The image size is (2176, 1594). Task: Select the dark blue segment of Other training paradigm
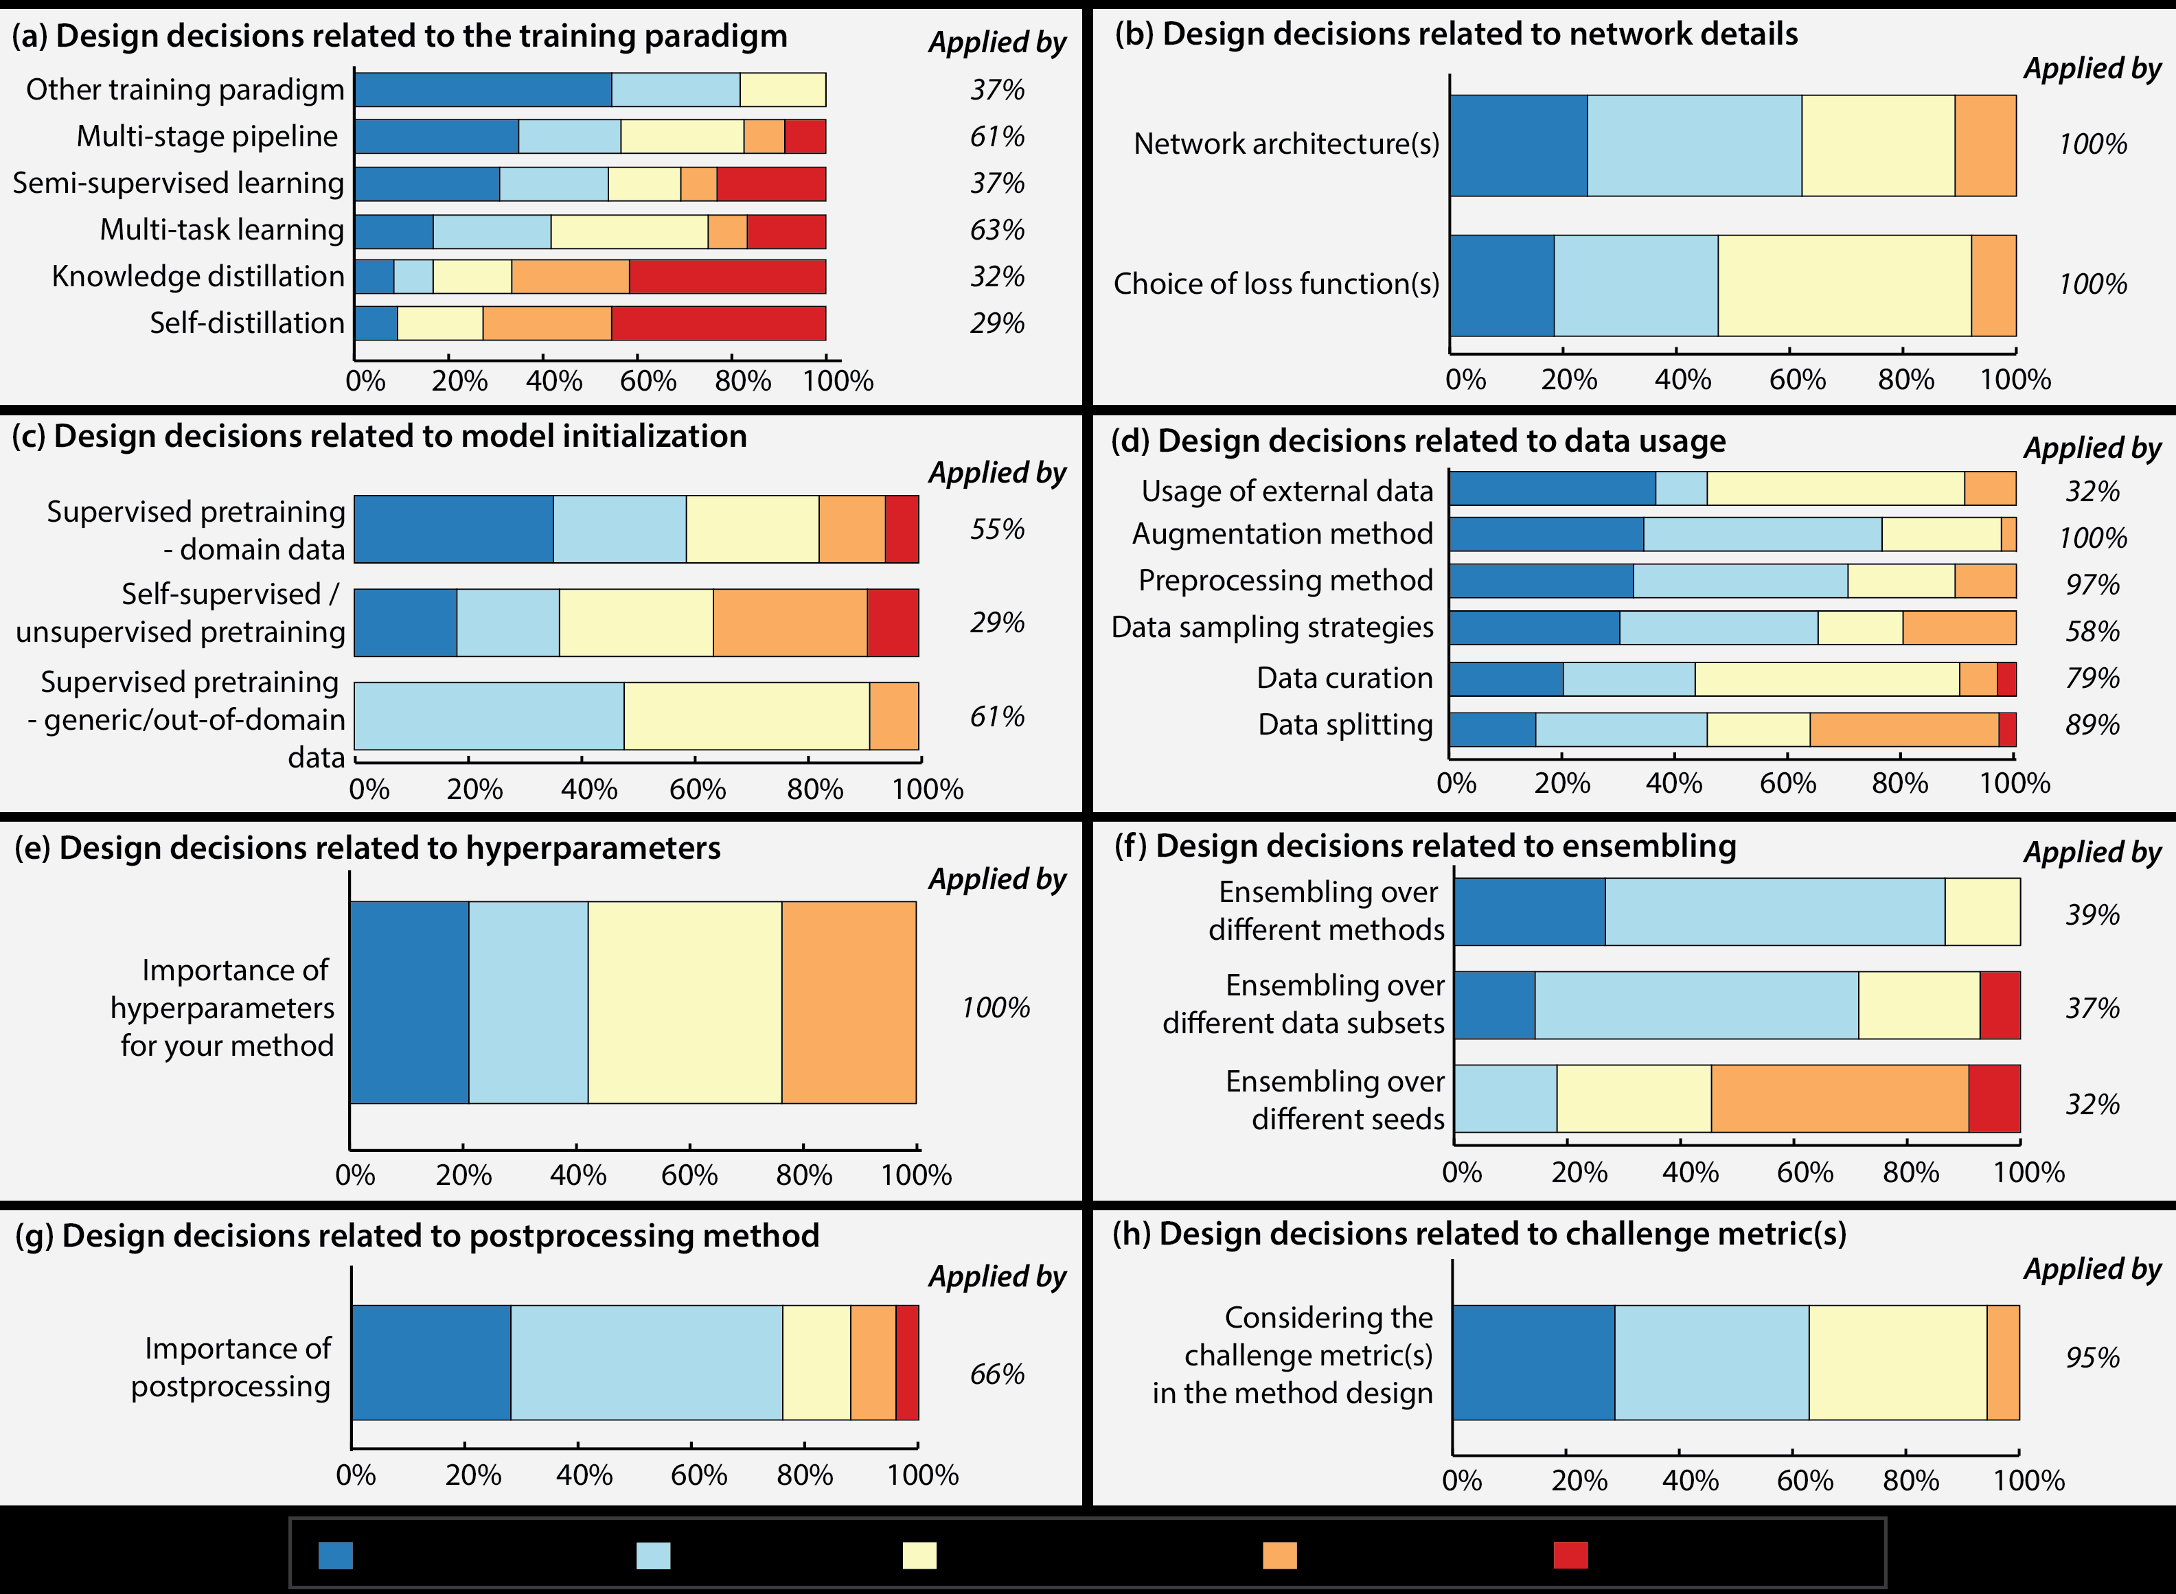click(x=483, y=90)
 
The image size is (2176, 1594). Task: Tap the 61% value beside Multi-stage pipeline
click(x=997, y=137)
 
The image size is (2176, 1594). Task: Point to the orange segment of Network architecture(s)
click(x=1985, y=146)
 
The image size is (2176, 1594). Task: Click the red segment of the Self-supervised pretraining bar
click(x=893, y=623)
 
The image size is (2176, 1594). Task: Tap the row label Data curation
click(x=1344, y=678)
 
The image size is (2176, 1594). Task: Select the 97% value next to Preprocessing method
click(x=2092, y=585)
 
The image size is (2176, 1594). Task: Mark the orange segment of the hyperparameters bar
click(x=848, y=1002)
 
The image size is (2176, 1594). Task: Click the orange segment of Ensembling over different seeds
click(x=1840, y=1099)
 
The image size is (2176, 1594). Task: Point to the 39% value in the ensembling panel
click(x=2092, y=914)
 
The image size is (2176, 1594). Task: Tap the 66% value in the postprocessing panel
click(x=997, y=1374)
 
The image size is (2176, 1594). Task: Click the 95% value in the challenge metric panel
click(x=2092, y=1358)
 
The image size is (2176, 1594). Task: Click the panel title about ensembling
click(x=1424, y=846)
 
